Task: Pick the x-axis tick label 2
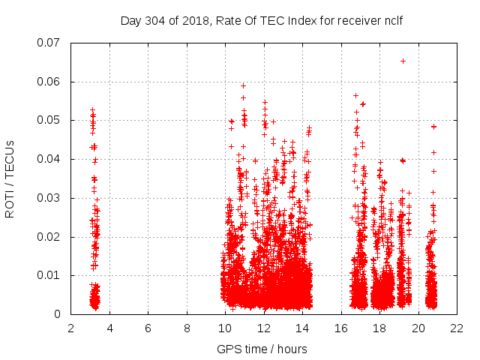click(x=71, y=328)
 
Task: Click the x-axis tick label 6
click(x=148, y=328)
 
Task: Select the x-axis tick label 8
click(x=187, y=328)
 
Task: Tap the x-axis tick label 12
click(x=264, y=328)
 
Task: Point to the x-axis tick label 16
click(x=341, y=328)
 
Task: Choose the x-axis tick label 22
click(x=457, y=328)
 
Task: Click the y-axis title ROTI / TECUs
click(x=10, y=178)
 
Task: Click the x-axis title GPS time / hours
click(x=262, y=349)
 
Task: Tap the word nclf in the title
click(x=391, y=20)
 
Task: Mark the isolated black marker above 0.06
click(x=403, y=61)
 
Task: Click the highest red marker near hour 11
click(x=243, y=85)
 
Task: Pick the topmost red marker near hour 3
click(x=92, y=110)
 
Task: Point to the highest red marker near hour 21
click(x=433, y=127)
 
